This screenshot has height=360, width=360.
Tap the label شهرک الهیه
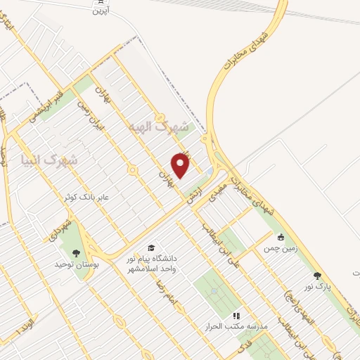(x=160, y=127)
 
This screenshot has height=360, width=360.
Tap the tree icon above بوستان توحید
(x=75, y=253)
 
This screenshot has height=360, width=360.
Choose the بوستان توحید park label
(x=75, y=265)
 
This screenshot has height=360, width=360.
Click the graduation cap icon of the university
(x=150, y=247)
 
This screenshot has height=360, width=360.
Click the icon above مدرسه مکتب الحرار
(x=236, y=316)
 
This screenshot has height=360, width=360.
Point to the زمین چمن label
(x=281, y=249)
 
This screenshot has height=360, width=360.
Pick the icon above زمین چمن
(x=281, y=237)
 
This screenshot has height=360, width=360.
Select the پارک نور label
(x=317, y=288)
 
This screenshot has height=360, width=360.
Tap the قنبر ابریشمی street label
(x=51, y=102)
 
